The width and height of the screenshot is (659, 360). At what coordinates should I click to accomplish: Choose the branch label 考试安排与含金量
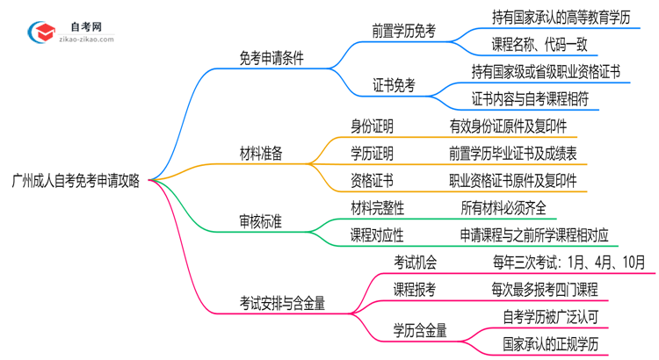(282, 303)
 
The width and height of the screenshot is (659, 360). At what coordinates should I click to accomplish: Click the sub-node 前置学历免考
(403, 32)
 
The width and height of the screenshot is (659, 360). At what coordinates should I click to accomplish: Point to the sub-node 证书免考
(394, 85)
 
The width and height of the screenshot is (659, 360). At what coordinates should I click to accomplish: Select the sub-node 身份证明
(372, 127)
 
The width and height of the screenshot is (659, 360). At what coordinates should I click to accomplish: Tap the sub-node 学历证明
(372, 154)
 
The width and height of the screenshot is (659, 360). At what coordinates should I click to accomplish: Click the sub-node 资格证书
(372, 181)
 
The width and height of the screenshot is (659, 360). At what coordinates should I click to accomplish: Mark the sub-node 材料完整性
(378, 207)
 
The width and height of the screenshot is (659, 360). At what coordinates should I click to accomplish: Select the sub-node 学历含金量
(420, 330)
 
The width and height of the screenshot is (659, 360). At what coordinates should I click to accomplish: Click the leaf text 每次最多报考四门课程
(544, 288)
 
